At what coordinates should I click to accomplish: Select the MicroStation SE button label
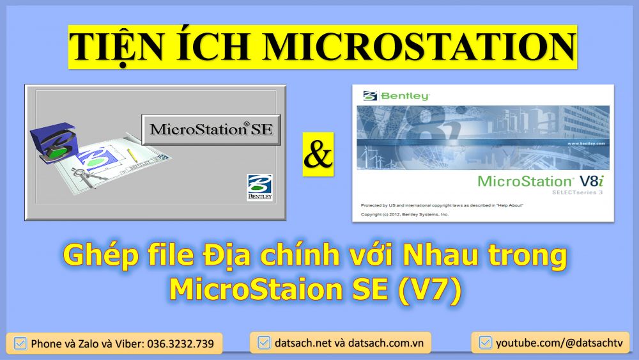point(212,129)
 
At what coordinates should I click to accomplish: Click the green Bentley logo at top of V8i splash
point(397,96)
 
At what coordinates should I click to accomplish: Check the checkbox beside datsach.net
point(263,343)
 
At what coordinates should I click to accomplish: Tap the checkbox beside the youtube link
point(485,343)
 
